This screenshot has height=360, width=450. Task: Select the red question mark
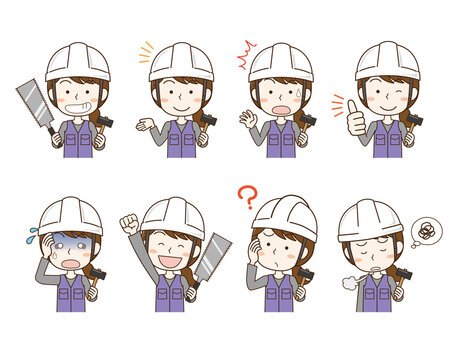pyautogui.click(x=247, y=198)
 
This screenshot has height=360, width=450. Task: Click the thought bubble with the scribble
pyautogui.click(x=426, y=232)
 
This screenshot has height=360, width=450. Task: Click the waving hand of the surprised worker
pyautogui.click(x=247, y=118)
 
